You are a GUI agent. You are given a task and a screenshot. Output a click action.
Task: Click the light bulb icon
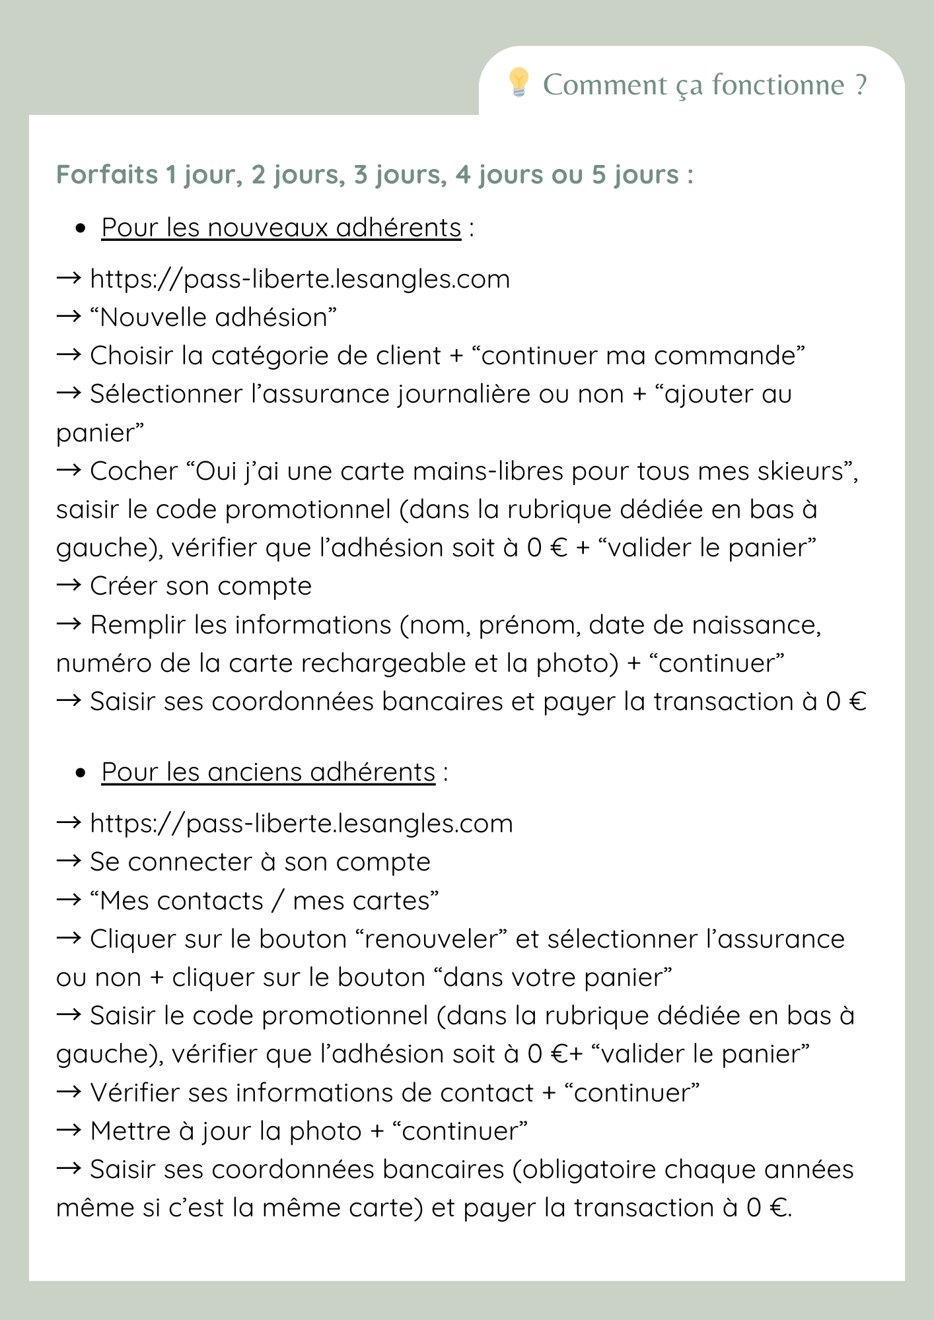point(519,82)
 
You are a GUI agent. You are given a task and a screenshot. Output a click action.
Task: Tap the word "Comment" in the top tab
point(604,85)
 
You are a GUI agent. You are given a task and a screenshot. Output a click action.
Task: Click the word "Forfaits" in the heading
point(107,175)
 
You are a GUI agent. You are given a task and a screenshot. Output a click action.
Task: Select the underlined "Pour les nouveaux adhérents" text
point(281,228)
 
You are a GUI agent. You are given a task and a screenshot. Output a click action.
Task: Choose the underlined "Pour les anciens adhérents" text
point(268,772)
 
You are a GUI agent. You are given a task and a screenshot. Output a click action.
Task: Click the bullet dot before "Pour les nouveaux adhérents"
point(81,228)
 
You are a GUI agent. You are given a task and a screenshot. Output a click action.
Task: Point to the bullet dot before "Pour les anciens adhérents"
point(81,773)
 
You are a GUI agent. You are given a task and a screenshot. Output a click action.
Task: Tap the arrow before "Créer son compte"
point(69,585)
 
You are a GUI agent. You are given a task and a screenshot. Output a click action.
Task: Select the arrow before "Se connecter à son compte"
point(69,861)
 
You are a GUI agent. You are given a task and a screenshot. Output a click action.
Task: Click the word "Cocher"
point(134,471)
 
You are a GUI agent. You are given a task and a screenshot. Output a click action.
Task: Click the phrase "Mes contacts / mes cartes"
point(264,901)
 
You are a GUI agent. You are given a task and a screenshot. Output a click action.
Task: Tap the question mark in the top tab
point(860,85)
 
